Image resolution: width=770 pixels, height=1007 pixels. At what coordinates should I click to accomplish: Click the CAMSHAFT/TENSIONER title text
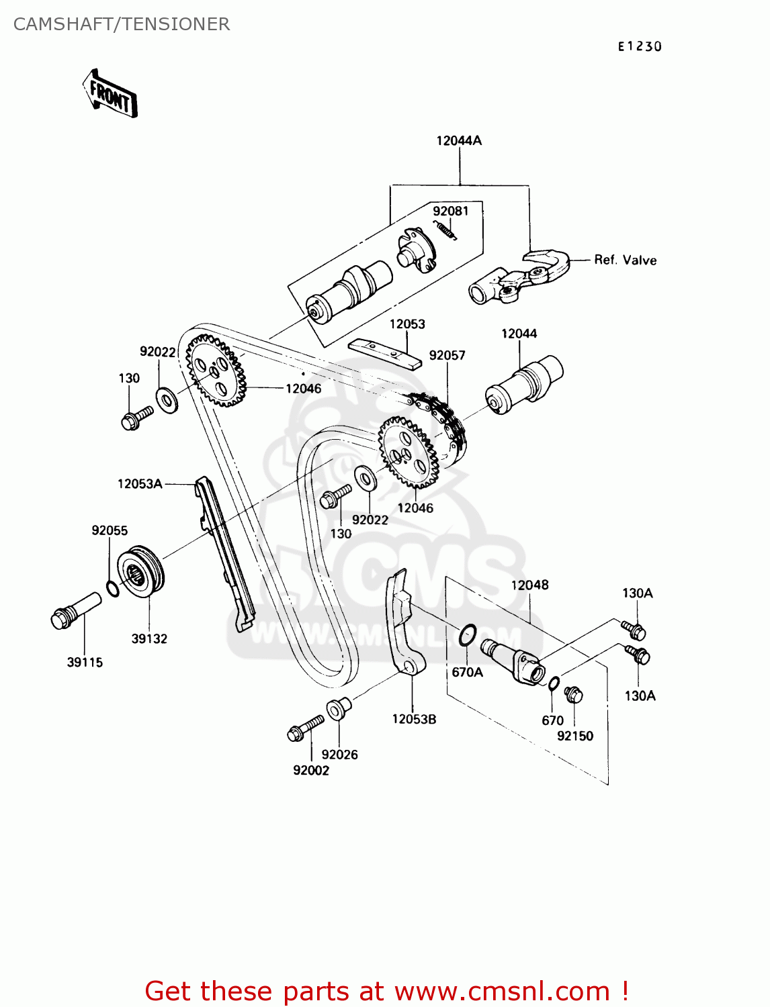(122, 24)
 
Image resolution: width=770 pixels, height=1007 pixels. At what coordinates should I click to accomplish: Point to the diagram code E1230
(640, 46)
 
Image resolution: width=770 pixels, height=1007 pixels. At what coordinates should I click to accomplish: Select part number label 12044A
(459, 140)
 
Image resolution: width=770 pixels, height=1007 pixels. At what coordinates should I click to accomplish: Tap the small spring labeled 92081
(446, 230)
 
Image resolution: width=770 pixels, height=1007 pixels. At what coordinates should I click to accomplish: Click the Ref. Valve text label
(625, 260)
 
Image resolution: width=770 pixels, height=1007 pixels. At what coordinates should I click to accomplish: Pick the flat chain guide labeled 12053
(385, 353)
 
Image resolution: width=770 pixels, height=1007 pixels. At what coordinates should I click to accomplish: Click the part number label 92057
(447, 355)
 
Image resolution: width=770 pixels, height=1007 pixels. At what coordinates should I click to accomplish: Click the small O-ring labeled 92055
(114, 589)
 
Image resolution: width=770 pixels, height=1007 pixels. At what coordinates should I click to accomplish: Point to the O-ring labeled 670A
(468, 634)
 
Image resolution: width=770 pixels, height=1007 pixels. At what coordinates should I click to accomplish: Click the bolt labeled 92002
(305, 728)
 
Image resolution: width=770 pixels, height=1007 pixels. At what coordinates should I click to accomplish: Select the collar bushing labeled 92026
(337, 708)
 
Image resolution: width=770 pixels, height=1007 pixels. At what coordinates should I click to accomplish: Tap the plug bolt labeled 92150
(572, 695)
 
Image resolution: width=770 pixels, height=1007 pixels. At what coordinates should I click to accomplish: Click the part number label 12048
(529, 585)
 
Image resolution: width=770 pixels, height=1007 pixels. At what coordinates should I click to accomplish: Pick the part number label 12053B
(414, 719)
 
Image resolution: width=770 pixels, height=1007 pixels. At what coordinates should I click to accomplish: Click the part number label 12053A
(140, 483)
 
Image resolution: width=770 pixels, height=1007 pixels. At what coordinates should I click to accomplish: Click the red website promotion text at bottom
(387, 991)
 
